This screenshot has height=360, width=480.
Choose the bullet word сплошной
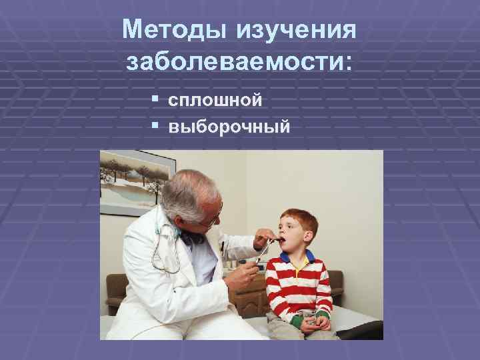(x=215, y=101)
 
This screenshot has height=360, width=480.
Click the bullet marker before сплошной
(x=154, y=100)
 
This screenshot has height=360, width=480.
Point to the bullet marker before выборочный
(x=154, y=125)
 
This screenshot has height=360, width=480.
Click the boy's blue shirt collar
(x=298, y=257)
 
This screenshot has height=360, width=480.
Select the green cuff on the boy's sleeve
(x=323, y=315)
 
